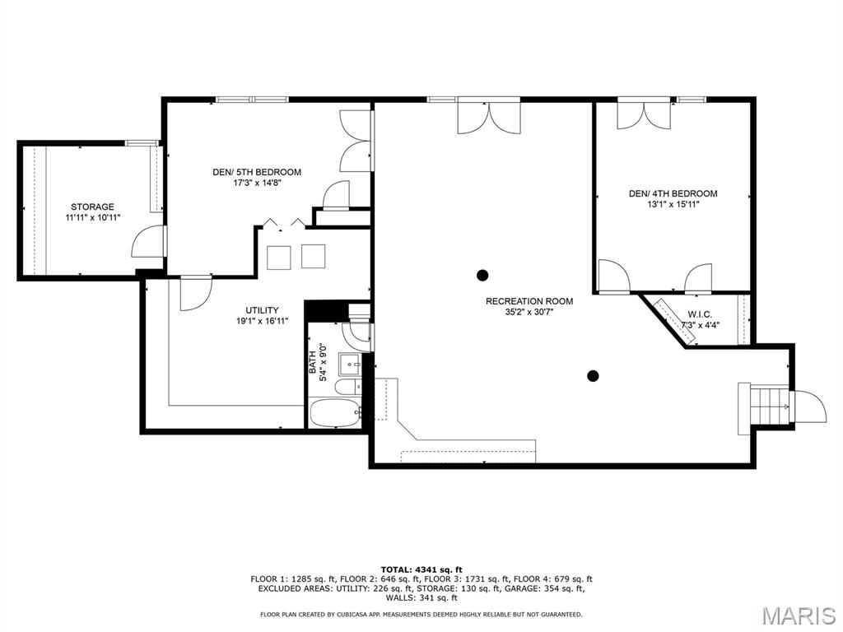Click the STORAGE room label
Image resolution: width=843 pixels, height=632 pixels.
click(x=92, y=207)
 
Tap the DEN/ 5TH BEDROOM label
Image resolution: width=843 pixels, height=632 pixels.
click(x=257, y=172)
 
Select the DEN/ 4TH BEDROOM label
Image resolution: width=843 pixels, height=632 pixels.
click(x=673, y=193)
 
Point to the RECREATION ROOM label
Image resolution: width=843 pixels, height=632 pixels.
click(x=529, y=301)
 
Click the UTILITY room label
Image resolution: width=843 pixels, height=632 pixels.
click(x=262, y=310)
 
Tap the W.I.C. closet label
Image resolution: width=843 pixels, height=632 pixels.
click(x=700, y=314)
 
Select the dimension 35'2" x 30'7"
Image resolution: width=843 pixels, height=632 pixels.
click(x=529, y=313)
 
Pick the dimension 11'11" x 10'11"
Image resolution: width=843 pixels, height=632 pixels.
click(x=92, y=218)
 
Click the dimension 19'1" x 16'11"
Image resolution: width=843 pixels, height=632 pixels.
click(x=262, y=322)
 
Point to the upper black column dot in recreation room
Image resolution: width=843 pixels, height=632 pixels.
click(x=482, y=275)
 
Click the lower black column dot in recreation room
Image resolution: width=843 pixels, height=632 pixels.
click(x=593, y=376)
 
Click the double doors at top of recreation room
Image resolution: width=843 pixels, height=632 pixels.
click(x=489, y=115)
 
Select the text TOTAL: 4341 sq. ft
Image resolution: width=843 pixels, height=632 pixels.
click(x=421, y=569)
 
